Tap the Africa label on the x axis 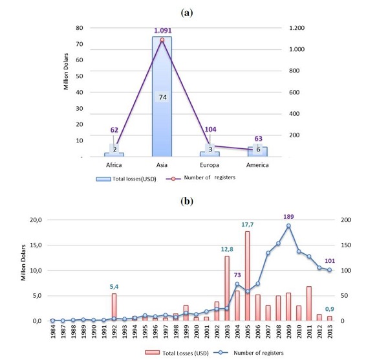[x=114, y=164]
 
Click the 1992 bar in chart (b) [x=114, y=307]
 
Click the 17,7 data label [x=247, y=225]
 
